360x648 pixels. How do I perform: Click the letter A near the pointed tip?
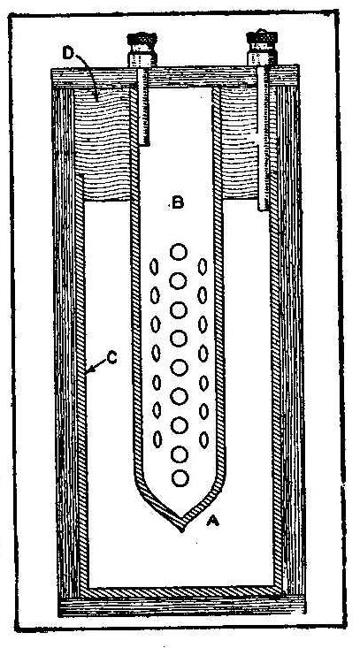click(212, 522)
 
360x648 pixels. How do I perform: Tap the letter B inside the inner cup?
click(177, 203)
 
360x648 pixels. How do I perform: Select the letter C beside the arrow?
click(112, 358)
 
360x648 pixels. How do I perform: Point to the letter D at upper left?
click(67, 52)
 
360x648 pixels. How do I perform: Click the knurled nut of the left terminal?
click(142, 41)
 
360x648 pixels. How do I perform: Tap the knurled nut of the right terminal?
click(261, 37)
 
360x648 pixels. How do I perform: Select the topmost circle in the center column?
click(179, 252)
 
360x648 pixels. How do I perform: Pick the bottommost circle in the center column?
click(180, 478)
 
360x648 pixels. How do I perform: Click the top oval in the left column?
click(154, 267)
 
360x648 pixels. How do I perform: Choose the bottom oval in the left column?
click(158, 438)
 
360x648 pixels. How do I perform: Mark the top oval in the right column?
click(202, 267)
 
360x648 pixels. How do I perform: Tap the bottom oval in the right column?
click(203, 439)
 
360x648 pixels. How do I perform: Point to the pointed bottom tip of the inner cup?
click(181, 530)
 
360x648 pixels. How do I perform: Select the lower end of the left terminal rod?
click(144, 144)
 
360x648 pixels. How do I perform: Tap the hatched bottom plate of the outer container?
click(183, 591)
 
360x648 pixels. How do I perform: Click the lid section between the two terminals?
click(201, 77)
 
